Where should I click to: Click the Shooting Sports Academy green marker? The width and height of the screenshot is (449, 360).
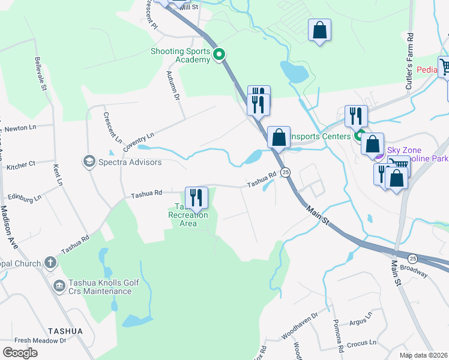(x=219, y=55)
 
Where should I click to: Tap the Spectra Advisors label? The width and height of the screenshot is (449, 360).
(x=130, y=162)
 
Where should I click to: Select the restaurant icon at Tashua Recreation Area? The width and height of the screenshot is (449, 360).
(x=196, y=197)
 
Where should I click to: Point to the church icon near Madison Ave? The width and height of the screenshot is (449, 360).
(x=50, y=263)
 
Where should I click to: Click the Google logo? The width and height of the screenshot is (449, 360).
(x=20, y=352)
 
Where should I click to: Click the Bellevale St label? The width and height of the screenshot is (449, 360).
(x=41, y=75)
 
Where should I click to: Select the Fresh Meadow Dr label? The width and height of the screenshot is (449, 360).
(x=40, y=341)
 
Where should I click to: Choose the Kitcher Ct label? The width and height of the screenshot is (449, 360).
(x=21, y=164)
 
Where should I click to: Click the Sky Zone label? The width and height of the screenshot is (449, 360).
(x=404, y=150)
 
